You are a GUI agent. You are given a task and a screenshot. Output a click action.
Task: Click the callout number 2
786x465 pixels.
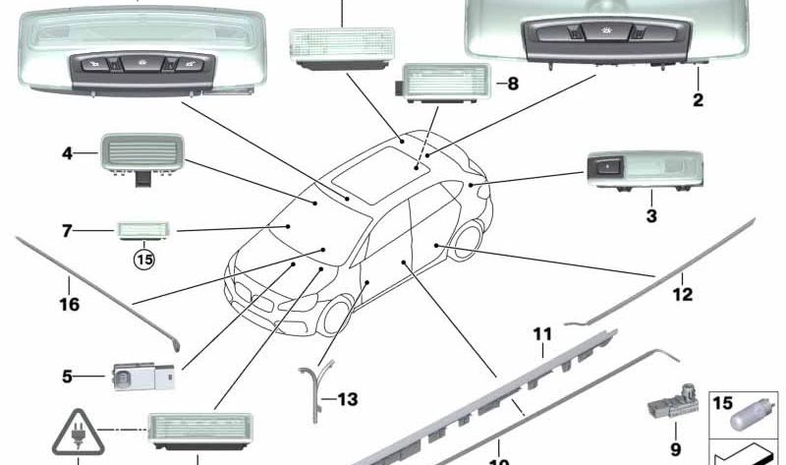point(698,99)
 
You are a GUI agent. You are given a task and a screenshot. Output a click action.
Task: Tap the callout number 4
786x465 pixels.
point(67,153)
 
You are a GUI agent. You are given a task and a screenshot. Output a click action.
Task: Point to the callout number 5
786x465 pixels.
point(67,376)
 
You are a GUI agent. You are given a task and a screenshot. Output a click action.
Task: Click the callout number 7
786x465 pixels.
point(67,232)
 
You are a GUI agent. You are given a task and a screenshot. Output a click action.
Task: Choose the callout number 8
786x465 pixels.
point(512,84)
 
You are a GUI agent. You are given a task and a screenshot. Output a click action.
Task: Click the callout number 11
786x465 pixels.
point(542,335)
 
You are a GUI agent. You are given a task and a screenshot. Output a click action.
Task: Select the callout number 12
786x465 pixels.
point(682,293)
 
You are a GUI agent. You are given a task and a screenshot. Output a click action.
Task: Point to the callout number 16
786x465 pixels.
point(68,305)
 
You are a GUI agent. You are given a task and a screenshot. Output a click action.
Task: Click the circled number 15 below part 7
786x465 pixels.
point(145,260)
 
